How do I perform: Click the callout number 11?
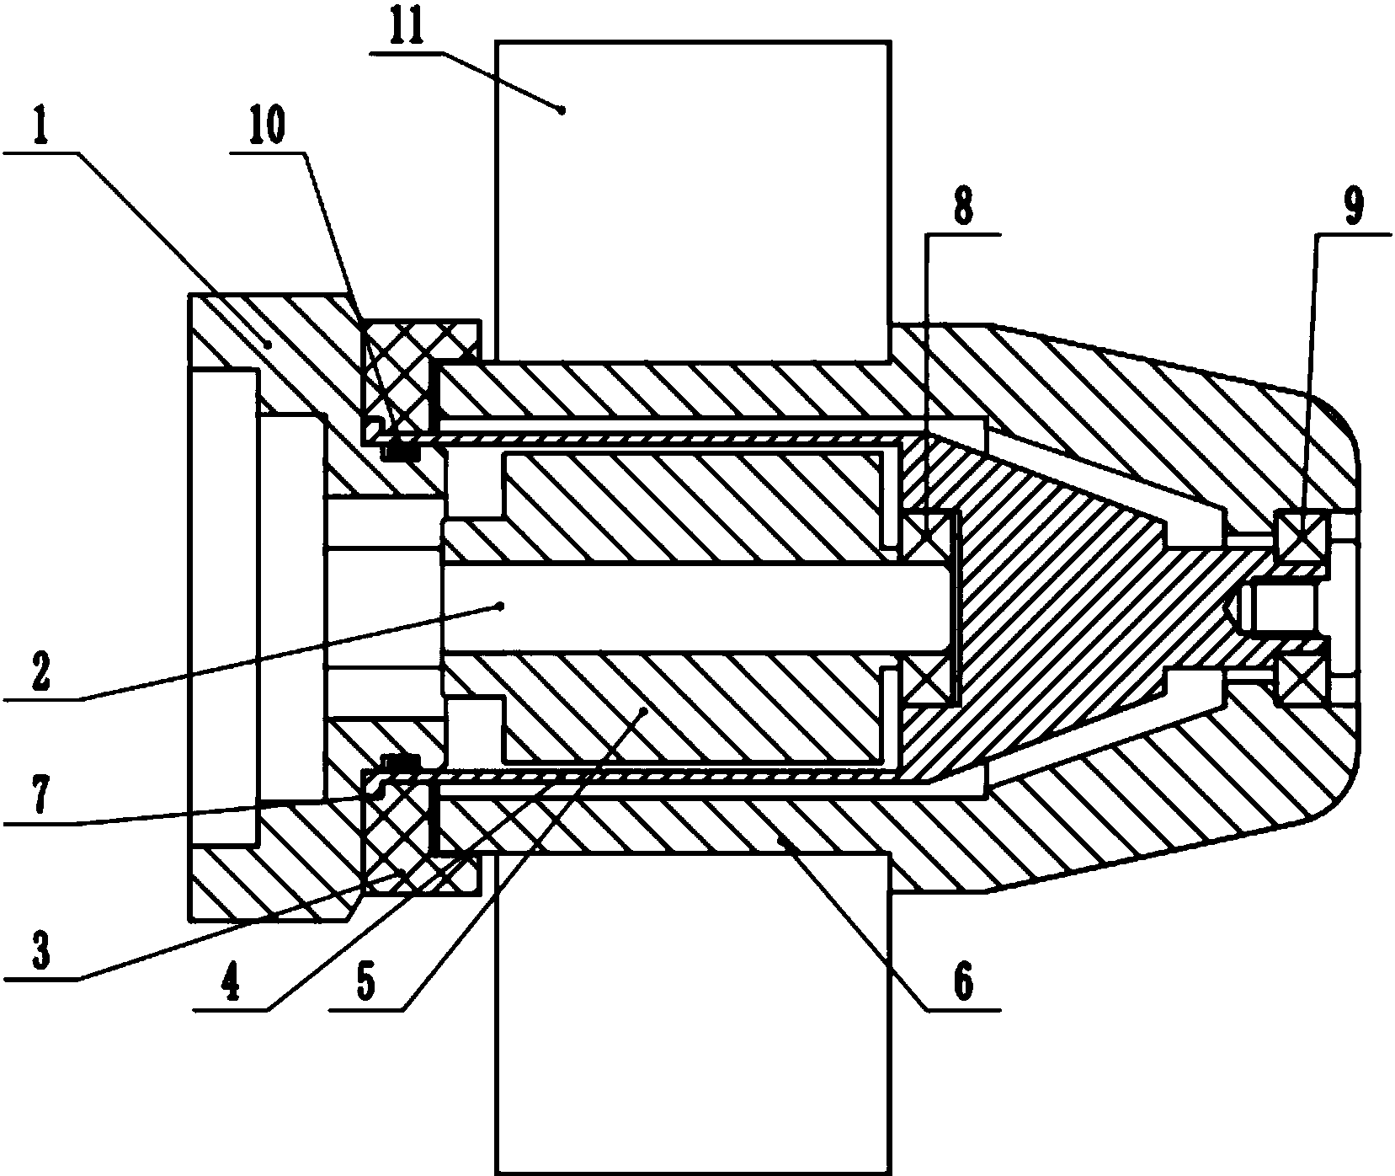pyautogui.click(x=408, y=29)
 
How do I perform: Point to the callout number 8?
pyautogui.click(x=962, y=206)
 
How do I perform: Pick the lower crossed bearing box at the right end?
pyautogui.click(x=1302, y=679)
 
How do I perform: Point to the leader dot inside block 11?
pyautogui.click(x=562, y=107)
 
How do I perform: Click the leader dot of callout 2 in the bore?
pyautogui.click(x=502, y=604)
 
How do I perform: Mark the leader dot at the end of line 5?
pyautogui.click(x=645, y=710)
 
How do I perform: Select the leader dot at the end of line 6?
pyautogui.click(x=781, y=839)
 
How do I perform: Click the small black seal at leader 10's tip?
pyautogui.click(x=402, y=453)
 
